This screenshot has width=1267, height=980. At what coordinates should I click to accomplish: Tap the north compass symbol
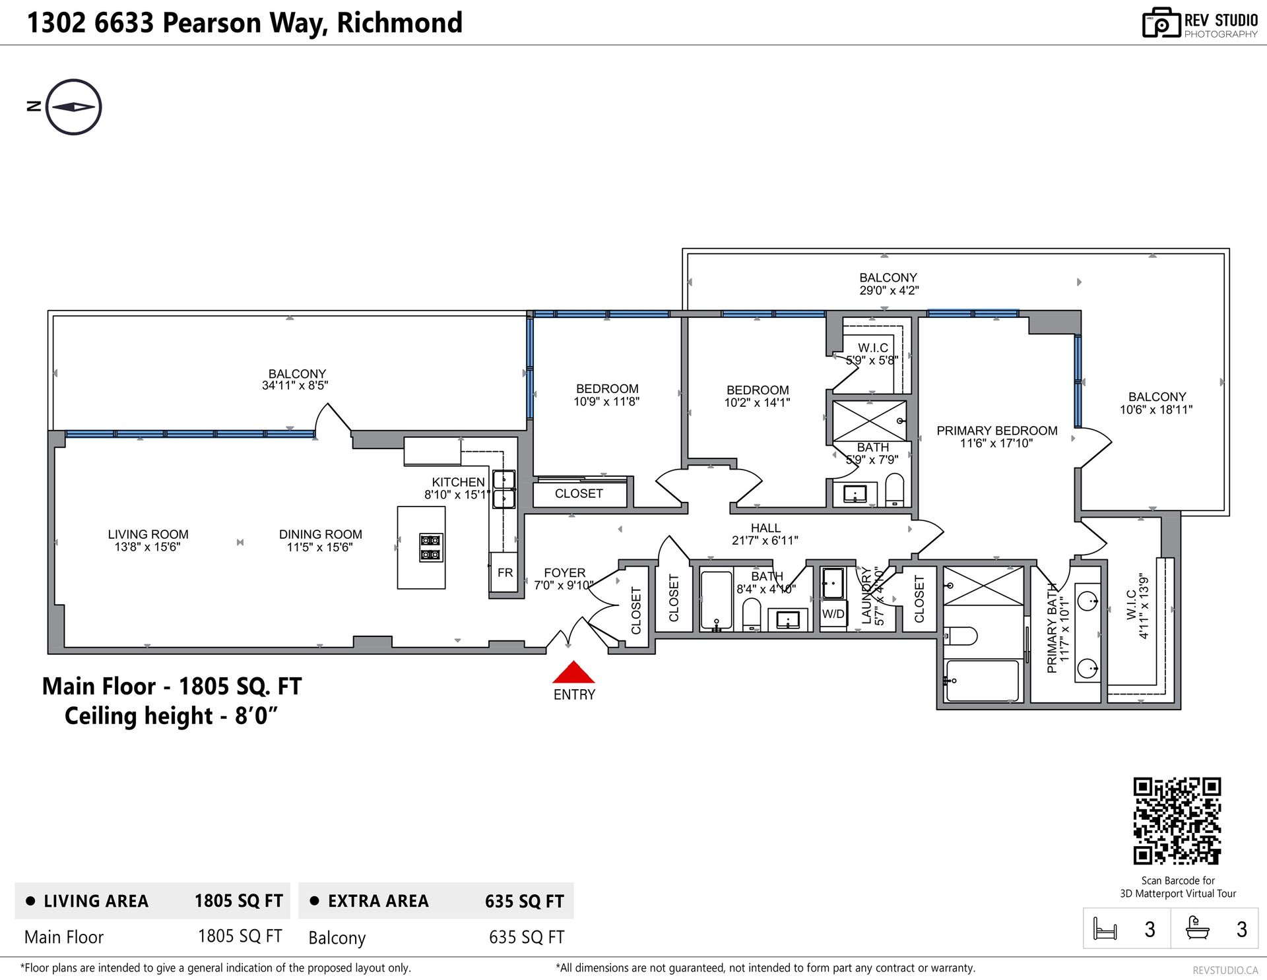coord(73,107)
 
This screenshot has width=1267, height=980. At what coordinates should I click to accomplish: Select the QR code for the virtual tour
coord(1177,821)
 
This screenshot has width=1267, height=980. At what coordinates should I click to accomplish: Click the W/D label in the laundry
coord(833,614)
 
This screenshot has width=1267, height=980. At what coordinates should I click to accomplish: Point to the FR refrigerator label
coord(505,572)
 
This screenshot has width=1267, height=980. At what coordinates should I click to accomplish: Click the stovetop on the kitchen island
coord(430,547)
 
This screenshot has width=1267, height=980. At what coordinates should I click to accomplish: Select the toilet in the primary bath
coord(960,636)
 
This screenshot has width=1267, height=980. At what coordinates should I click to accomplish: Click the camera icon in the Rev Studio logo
coord(1161,23)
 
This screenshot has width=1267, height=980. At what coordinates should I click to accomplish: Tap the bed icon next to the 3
coord(1105,929)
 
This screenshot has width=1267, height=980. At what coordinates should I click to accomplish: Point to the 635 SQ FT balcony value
coord(527,937)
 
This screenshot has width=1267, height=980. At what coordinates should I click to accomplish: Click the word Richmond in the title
coord(400,22)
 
